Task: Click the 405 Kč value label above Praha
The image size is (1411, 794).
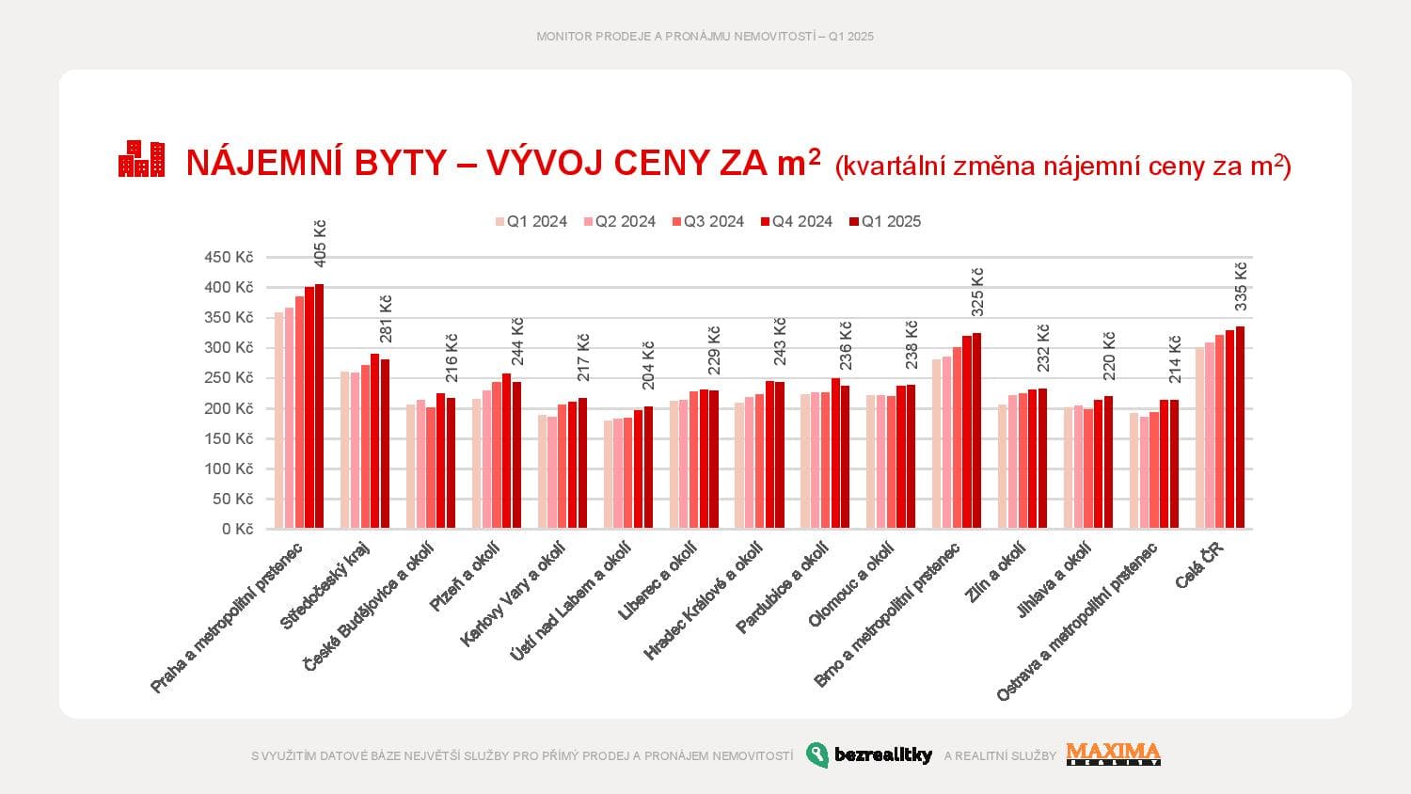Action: pos(320,244)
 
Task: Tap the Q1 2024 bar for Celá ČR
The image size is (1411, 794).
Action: pos(1199,438)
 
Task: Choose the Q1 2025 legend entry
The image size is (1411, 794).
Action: pos(884,222)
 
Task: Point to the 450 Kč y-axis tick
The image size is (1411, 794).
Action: pos(229,258)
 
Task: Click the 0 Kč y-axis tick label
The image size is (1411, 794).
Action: pos(237,530)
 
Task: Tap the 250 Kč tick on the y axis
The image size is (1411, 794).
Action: pos(229,378)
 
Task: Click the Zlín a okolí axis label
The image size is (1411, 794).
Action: pos(994,572)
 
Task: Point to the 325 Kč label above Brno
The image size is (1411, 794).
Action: pos(977,292)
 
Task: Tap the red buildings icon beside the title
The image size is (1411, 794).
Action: pos(141,159)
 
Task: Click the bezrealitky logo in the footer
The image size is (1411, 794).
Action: pos(869,754)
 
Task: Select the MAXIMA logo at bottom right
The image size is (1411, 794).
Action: pos(1113,754)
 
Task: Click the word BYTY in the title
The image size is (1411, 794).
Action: pos(401,163)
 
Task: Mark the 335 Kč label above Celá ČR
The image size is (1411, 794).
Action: pos(1241,286)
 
